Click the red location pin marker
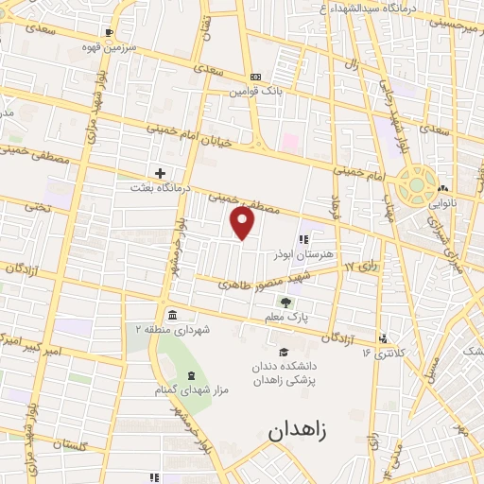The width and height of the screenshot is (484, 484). pos(243,222)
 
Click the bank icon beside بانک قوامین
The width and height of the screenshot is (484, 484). pos(254,77)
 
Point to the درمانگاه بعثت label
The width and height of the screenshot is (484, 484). pos(161,188)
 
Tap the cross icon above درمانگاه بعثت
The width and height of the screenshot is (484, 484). pos(161,173)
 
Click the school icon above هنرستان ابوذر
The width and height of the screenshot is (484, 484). pos(304,239)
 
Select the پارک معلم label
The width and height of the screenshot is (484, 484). pos(286,319)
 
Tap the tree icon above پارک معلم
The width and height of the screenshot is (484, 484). pos(286,302)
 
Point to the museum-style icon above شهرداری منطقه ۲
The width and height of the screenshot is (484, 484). pos(171,314)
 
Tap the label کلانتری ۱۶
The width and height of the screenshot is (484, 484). pos(381,354)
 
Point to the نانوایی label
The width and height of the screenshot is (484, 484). pos(443,202)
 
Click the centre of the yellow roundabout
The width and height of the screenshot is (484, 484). pos(416,185)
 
